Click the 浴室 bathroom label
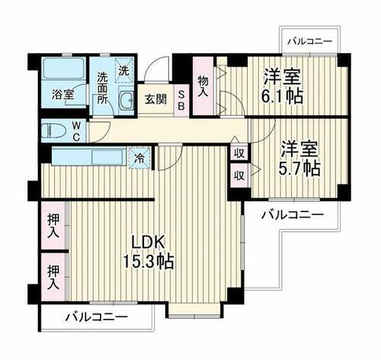pyautogui.click(x=63, y=95)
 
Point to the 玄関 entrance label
pyautogui.click(x=156, y=99)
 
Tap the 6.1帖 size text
pyautogui.click(x=284, y=97)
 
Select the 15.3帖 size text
pyautogui.click(x=149, y=261)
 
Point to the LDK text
pyautogui.click(x=148, y=241)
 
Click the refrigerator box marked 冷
pyautogui.click(x=139, y=159)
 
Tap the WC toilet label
pyautogui.click(x=78, y=131)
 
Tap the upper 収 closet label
pyautogui.click(x=239, y=153)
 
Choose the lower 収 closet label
pyautogui.click(x=239, y=175)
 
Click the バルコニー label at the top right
pyautogui.click(x=309, y=41)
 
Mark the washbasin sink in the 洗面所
pyautogui.click(x=126, y=101)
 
